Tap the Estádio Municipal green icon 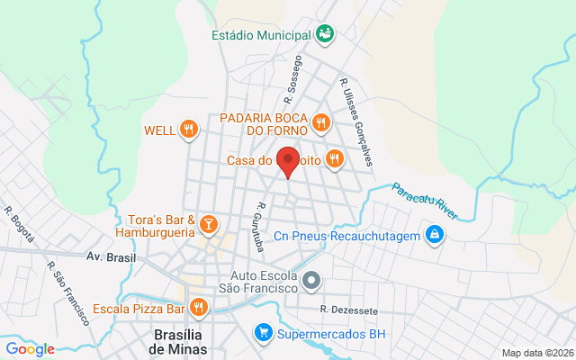pyautogui.click(x=326, y=35)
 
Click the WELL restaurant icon pyautogui.click(x=188, y=130)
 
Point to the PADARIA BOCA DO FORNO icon pyautogui.click(x=319, y=121)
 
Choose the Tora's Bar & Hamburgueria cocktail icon pyautogui.click(x=209, y=223)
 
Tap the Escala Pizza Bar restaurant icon pyautogui.click(x=199, y=309)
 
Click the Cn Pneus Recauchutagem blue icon pyautogui.click(x=435, y=236)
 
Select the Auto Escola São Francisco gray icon pyautogui.click(x=311, y=281)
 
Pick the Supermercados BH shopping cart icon pyautogui.click(x=264, y=333)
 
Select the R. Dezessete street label pyautogui.click(x=348, y=310)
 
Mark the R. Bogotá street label pyautogui.click(x=20, y=225)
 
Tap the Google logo pyautogui.click(x=30, y=349)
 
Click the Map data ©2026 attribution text pyautogui.click(x=536, y=353)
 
